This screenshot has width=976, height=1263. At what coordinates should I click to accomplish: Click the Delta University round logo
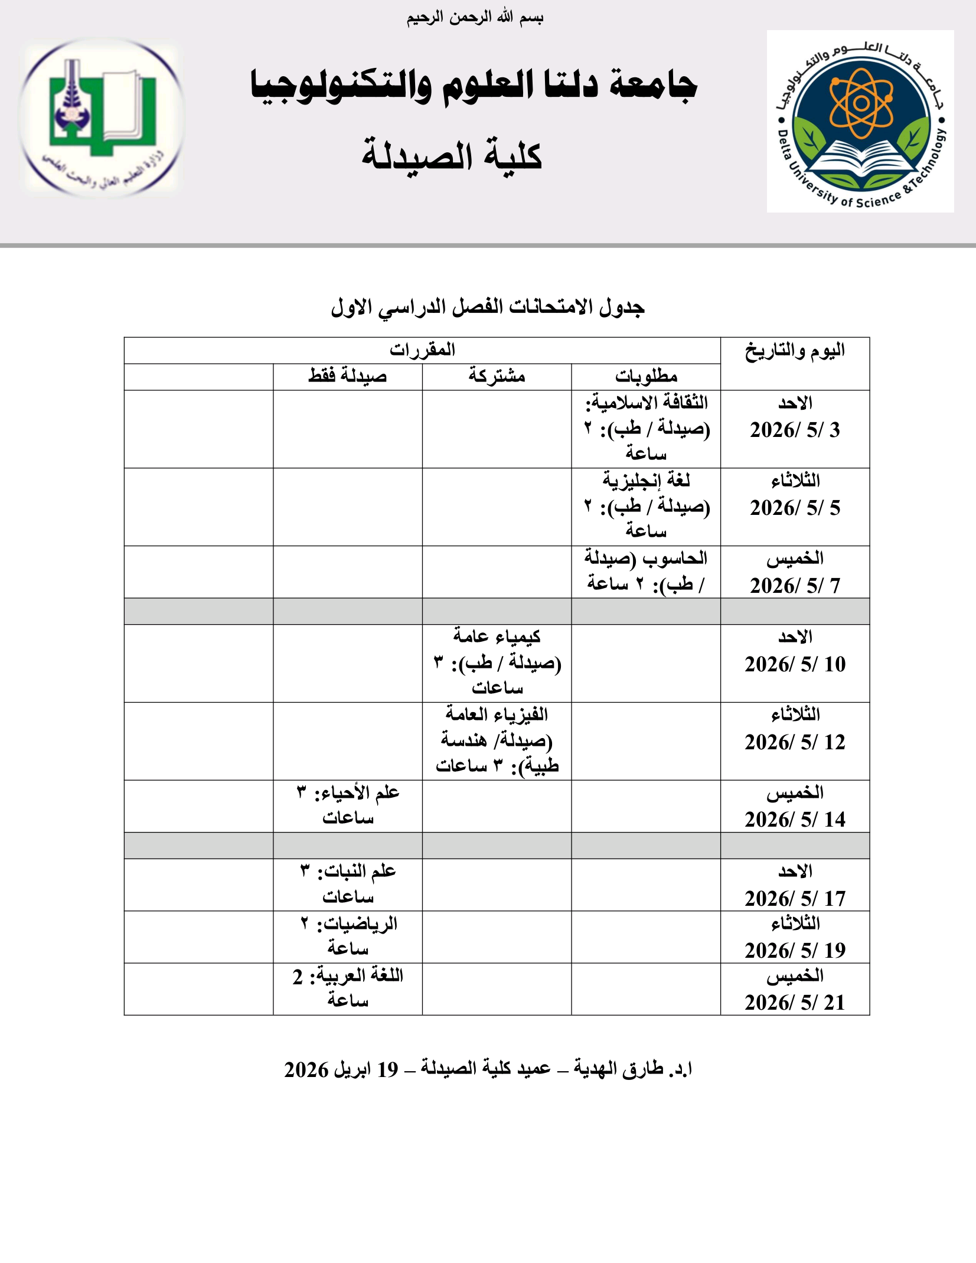click(x=860, y=122)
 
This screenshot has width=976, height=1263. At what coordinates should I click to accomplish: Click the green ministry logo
click(x=102, y=116)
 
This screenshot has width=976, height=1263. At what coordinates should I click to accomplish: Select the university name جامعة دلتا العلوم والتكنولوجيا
click(x=474, y=86)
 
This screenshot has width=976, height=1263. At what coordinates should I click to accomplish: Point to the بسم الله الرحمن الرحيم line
click(x=475, y=18)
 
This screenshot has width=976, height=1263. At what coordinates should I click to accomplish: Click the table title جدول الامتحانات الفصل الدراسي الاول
click(x=488, y=307)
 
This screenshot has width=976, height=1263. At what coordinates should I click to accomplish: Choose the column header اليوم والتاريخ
click(x=795, y=351)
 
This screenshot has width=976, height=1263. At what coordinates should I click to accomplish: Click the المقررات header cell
click(x=422, y=350)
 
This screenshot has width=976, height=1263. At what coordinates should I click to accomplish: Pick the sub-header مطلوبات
click(x=646, y=377)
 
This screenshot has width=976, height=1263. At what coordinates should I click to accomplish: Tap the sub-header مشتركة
click(x=497, y=377)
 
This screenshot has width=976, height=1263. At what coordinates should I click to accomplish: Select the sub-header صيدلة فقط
click(x=348, y=377)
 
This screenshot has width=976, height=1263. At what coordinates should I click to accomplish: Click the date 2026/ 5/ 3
click(x=795, y=430)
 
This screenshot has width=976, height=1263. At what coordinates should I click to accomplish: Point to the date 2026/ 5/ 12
click(x=795, y=742)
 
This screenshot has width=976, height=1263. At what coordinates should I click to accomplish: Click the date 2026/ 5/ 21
click(x=795, y=1003)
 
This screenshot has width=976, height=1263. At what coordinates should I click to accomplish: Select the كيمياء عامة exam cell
click(x=497, y=662)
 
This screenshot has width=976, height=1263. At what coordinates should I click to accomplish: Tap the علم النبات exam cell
click(x=348, y=884)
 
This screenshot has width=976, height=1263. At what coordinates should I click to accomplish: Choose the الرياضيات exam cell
click(x=348, y=936)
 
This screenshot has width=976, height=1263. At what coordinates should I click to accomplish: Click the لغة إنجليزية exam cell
click(x=646, y=507)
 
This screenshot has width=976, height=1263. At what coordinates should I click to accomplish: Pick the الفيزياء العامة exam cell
click(x=497, y=740)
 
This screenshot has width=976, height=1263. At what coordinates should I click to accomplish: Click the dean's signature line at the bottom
click(x=488, y=1069)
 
